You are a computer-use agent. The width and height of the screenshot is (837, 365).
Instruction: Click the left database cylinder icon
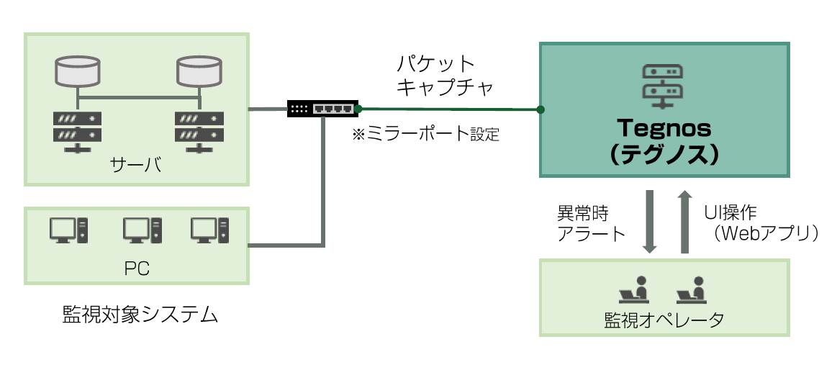pos(78,71)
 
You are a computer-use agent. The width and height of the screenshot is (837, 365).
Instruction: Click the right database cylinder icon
pos(199,71)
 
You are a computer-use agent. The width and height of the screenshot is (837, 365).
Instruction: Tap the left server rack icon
pos(78,131)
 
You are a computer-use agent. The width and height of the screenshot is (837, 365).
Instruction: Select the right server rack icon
pos(199,131)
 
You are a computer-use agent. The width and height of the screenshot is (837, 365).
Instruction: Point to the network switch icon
pos(322,108)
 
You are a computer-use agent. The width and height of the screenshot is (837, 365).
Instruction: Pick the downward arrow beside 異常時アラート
pos(650,222)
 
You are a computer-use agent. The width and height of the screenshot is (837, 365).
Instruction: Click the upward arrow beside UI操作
pos(684,222)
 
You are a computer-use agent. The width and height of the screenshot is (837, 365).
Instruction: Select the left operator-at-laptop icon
pos(633,288)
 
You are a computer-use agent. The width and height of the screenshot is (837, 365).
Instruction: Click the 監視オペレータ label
pos(664,320)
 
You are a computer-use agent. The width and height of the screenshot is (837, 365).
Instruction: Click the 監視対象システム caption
pos(140,315)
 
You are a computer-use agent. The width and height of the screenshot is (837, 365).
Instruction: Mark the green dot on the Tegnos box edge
pos(540,110)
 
